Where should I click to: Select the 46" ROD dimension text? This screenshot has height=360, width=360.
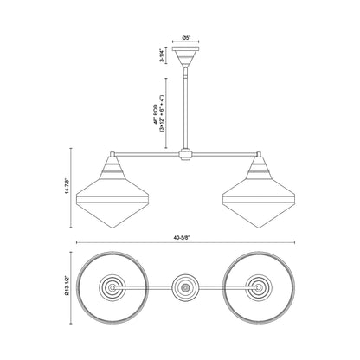coord(159,107)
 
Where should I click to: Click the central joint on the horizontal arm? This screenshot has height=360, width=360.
coord(184,157)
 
